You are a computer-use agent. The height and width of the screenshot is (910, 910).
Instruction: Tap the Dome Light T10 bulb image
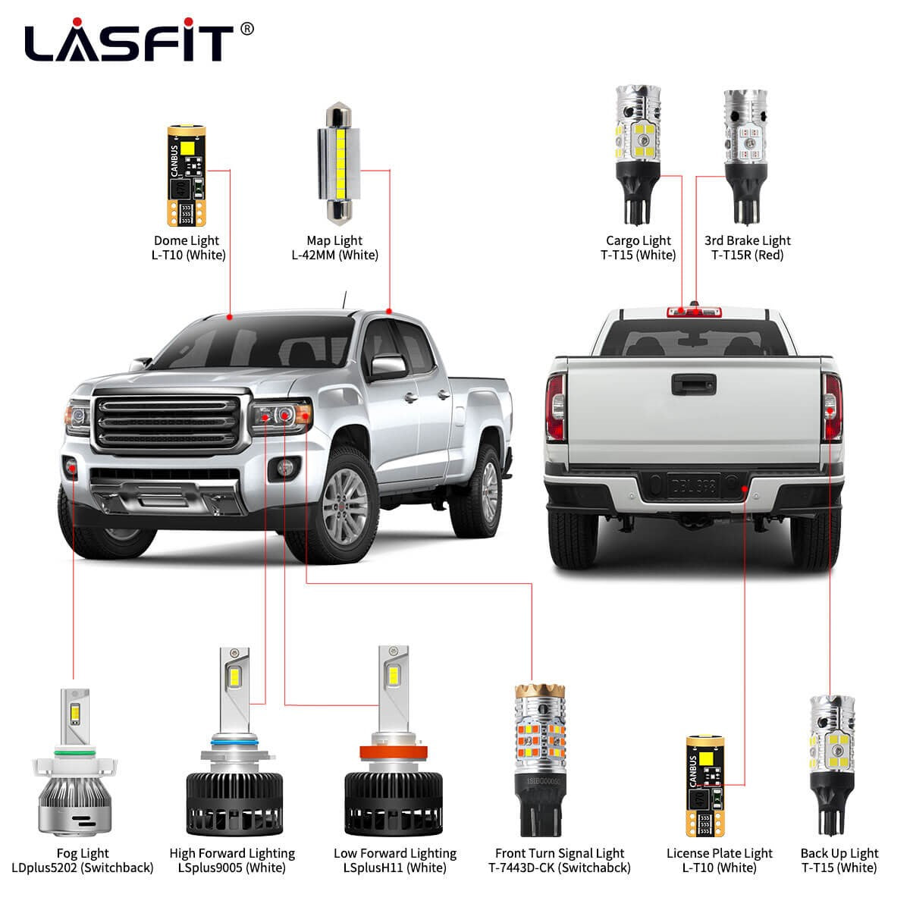(x=186, y=177)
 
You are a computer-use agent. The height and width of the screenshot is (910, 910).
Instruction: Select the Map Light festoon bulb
(x=334, y=162)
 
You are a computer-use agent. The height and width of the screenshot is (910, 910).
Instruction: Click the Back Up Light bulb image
(x=832, y=759)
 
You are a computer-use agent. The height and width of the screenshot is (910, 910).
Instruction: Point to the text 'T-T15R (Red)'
(x=747, y=255)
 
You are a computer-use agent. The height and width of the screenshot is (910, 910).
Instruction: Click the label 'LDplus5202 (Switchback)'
(x=83, y=868)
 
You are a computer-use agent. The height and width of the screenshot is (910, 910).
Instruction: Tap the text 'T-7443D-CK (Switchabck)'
(x=560, y=868)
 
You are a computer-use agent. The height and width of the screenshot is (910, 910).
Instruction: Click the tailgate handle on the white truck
(x=692, y=384)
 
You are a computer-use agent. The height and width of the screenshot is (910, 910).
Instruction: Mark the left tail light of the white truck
(x=556, y=409)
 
